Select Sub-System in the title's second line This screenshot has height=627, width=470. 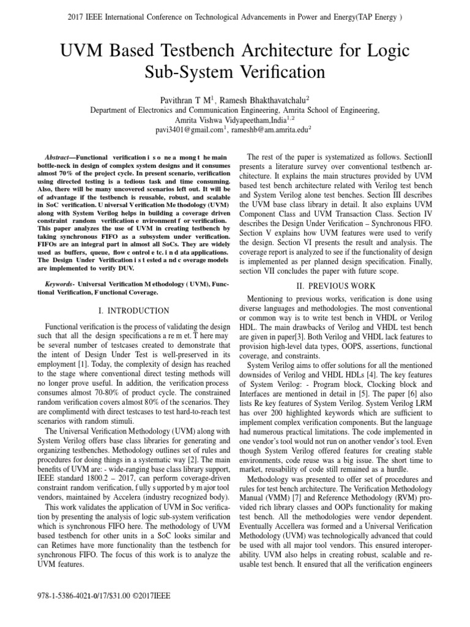pyautogui.click(x=201, y=73)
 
